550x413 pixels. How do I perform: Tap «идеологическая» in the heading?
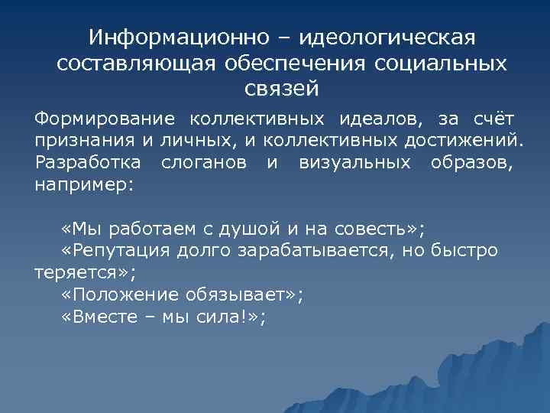point(388,37)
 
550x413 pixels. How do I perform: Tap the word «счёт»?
point(493,119)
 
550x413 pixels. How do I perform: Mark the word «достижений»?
point(467,141)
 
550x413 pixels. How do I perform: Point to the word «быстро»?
point(464,250)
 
